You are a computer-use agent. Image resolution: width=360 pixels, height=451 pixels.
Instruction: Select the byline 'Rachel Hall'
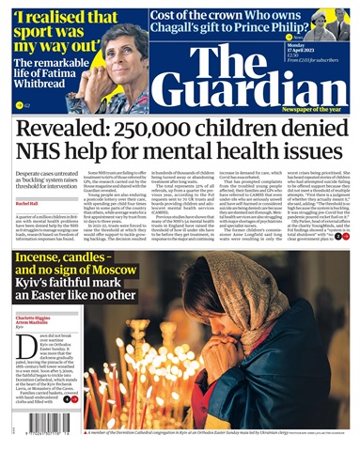click(24, 203)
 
